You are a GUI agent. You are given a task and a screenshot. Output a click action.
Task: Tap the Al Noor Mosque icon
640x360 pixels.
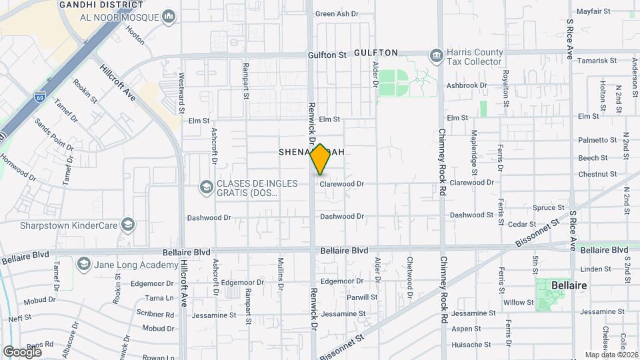[x=169, y=16]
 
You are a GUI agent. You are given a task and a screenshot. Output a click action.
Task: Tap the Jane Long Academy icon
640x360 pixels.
[x=83, y=264]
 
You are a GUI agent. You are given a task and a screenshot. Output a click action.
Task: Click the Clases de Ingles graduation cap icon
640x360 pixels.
[x=205, y=186]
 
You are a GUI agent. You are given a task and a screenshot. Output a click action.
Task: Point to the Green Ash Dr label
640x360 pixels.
[x=337, y=13]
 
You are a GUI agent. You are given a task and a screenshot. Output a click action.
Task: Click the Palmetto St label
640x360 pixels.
[x=598, y=140]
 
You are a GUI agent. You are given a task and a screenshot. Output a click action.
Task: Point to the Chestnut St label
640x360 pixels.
[x=597, y=175]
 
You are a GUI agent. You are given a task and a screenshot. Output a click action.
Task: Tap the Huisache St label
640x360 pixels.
[x=471, y=345]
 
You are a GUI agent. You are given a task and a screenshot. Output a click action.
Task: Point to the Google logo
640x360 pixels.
[x=23, y=351]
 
